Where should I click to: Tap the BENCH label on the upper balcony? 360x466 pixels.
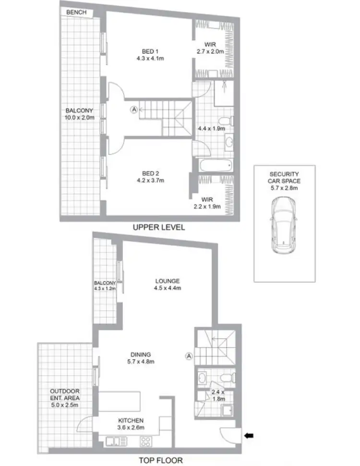click(x=77, y=12)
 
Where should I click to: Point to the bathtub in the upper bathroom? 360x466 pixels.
click(x=211, y=166)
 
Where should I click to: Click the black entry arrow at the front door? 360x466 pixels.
click(x=250, y=436)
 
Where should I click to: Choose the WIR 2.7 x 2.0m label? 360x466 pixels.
click(x=210, y=48)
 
